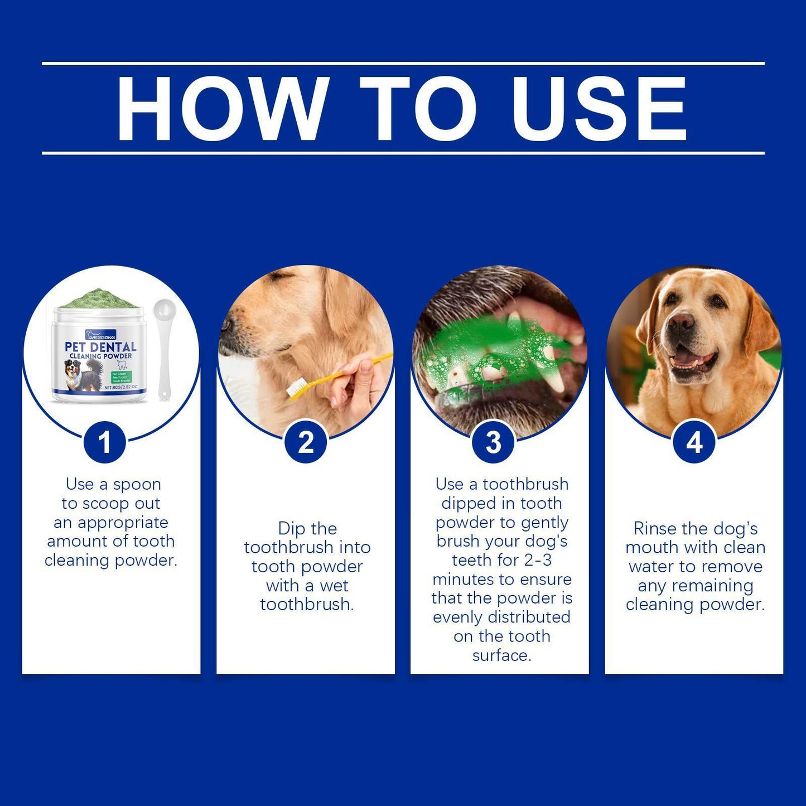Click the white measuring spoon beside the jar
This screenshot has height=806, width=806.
163,346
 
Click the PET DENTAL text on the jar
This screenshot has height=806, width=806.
100,347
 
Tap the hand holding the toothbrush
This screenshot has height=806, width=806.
357,385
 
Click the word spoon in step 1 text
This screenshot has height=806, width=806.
137,484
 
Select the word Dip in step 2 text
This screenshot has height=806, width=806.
291,528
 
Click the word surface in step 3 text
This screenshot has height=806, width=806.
501,655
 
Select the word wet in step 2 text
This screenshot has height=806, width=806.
334,586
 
